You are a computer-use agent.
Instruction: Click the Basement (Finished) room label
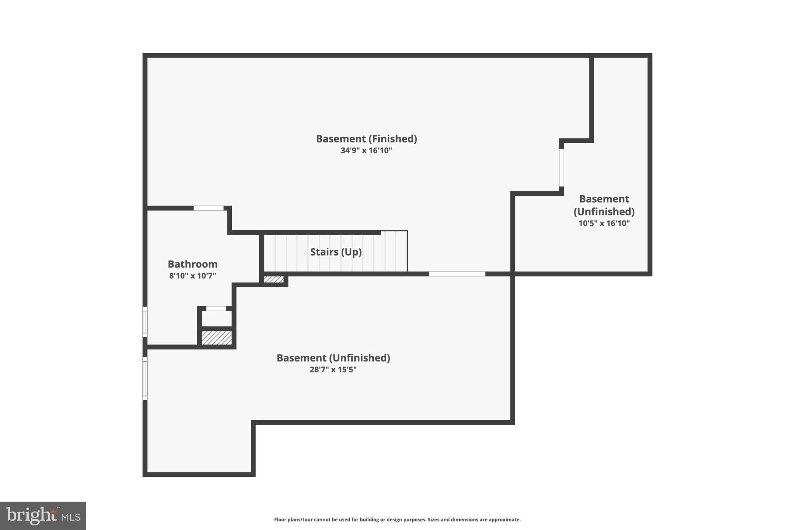[366, 139]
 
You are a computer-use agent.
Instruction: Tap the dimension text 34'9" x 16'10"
[366, 151]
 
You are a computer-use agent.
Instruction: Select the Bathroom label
[193, 264]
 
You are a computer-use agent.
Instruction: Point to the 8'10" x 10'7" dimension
[193, 276]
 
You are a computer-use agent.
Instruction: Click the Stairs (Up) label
[336, 252]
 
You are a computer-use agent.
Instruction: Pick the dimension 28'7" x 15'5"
[333, 370]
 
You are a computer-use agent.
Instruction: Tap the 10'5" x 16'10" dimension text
[604, 223]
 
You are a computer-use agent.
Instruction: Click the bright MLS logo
[43, 516]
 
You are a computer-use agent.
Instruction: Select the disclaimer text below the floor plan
[397, 520]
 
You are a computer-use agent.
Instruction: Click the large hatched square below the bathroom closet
[217, 337]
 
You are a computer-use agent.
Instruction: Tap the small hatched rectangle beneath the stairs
[274, 279]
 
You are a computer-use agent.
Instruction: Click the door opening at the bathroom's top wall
[208, 208]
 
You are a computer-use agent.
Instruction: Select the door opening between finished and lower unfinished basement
[457, 274]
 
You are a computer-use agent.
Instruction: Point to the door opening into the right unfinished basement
[561, 167]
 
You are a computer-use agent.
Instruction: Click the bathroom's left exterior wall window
[145, 322]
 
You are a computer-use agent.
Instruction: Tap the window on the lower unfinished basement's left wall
[145, 379]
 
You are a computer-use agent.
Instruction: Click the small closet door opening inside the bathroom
[216, 309]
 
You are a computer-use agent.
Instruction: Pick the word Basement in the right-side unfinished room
[604, 199]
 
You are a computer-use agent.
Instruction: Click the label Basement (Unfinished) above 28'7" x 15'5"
[333, 358]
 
